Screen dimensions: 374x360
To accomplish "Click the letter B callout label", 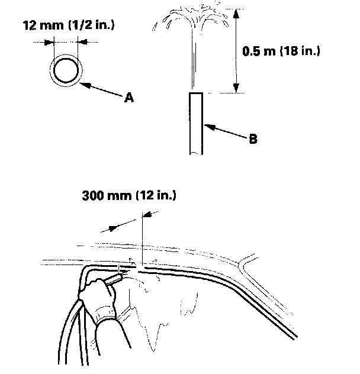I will (x=253, y=140).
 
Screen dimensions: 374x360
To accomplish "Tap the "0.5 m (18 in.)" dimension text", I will (x=282, y=51).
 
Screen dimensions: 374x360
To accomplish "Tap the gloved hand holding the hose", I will (x=98, y=299).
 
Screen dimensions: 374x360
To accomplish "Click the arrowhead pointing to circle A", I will (x=84, y=84).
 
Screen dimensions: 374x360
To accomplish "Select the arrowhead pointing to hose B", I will (x=207, y=125).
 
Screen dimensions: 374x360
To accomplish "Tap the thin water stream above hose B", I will (x=192, y=59).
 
